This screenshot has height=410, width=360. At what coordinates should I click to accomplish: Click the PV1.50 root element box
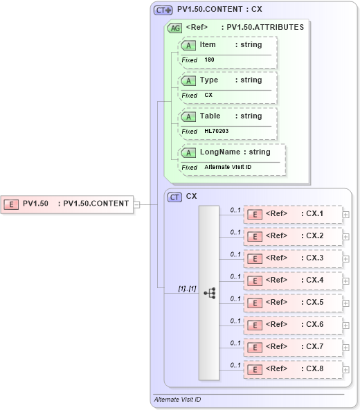pos(67,204)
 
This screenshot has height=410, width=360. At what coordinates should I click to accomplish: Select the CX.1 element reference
pos(293,214)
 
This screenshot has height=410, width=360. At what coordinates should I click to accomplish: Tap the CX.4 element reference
pos(293,280)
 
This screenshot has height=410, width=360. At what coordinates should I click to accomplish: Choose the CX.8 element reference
pos(293,369)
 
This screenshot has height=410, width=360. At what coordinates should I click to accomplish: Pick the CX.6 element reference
pos(293,325)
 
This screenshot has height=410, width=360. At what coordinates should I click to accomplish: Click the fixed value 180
pos(209,60)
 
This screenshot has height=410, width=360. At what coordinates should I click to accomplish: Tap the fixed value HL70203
pos(217,132)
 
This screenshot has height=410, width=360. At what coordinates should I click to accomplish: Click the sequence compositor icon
pos(209,293)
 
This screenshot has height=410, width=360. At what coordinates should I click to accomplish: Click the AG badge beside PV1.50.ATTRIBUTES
pos(174,28)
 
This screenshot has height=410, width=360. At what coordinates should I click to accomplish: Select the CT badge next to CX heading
pos(174,197)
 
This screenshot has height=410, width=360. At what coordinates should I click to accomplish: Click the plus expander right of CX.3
pos(346,258)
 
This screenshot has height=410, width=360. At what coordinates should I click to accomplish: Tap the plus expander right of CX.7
pos(346,347)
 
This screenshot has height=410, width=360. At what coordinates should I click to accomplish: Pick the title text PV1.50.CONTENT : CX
pos(219,10)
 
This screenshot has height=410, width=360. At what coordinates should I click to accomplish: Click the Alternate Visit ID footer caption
pos(177,400)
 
